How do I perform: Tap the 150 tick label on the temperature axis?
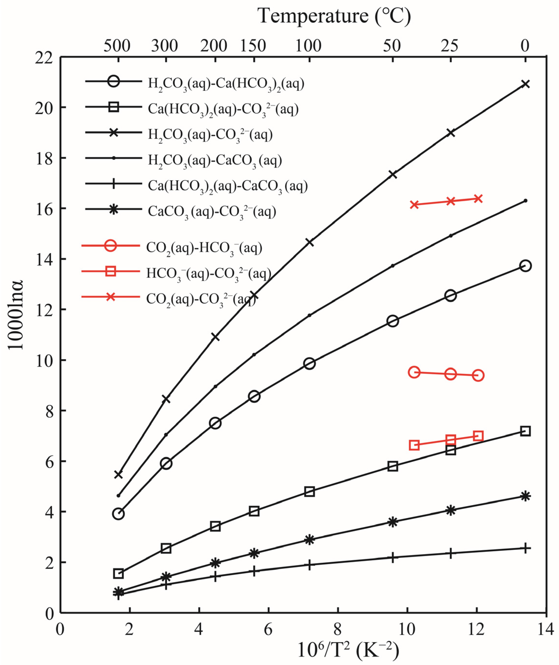coord(253,46)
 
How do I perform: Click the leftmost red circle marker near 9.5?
coord(414,372)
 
